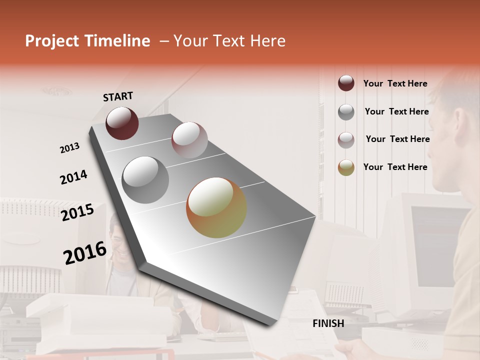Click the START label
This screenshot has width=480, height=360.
pyautogui.click(x=118, y=96)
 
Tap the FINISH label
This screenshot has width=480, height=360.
pyautogui.click(x=328, y=323)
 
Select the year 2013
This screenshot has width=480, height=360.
pyautogui.click(x=69, y=148)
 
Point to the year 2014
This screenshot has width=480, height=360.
pyautogui.click(x=73, y=177)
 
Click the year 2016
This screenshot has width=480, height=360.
pyautogui.click(x=85, y=253)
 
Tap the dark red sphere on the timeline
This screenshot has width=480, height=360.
pyautogui.click(x=122, y=123)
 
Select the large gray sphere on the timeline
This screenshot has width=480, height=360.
pyautogui.click(x=145, y=180)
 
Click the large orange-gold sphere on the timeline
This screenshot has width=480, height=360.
pyautogui.click(x=216, y=207)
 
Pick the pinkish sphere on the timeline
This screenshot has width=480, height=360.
pyautogui.click(x=189, y=140)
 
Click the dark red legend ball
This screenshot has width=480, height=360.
pyautogui.click(x=346, y=83)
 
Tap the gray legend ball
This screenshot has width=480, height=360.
pyautogui.click(x=346, y=112)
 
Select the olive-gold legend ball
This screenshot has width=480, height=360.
pyautogui.click(x=346, y=167)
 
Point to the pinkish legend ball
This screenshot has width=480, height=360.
pyautogui.click(x=346, y=140)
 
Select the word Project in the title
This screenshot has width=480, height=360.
pyautogui.click(x=51, y=41)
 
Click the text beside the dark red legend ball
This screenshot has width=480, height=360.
pyautogui.click(x=395, y=83)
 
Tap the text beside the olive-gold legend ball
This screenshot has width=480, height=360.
pyautogui.click(x=395, y=167)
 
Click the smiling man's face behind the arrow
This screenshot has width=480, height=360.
pyautogui.click(x=118, y=239)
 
